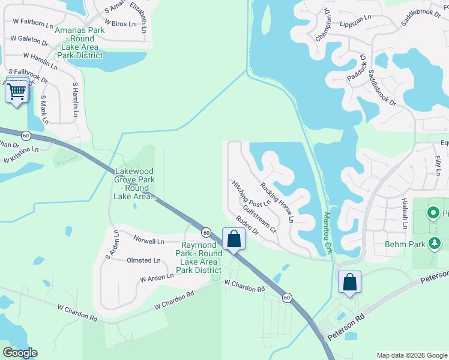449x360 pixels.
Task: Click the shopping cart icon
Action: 17,91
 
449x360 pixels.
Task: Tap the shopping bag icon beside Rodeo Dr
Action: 234,239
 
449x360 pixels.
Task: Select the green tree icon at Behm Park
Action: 433,244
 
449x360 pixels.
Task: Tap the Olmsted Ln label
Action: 143,260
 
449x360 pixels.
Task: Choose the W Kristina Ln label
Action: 21,155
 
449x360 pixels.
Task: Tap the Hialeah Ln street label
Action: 405,214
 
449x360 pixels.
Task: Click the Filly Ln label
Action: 436,163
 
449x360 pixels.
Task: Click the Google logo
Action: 20,352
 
